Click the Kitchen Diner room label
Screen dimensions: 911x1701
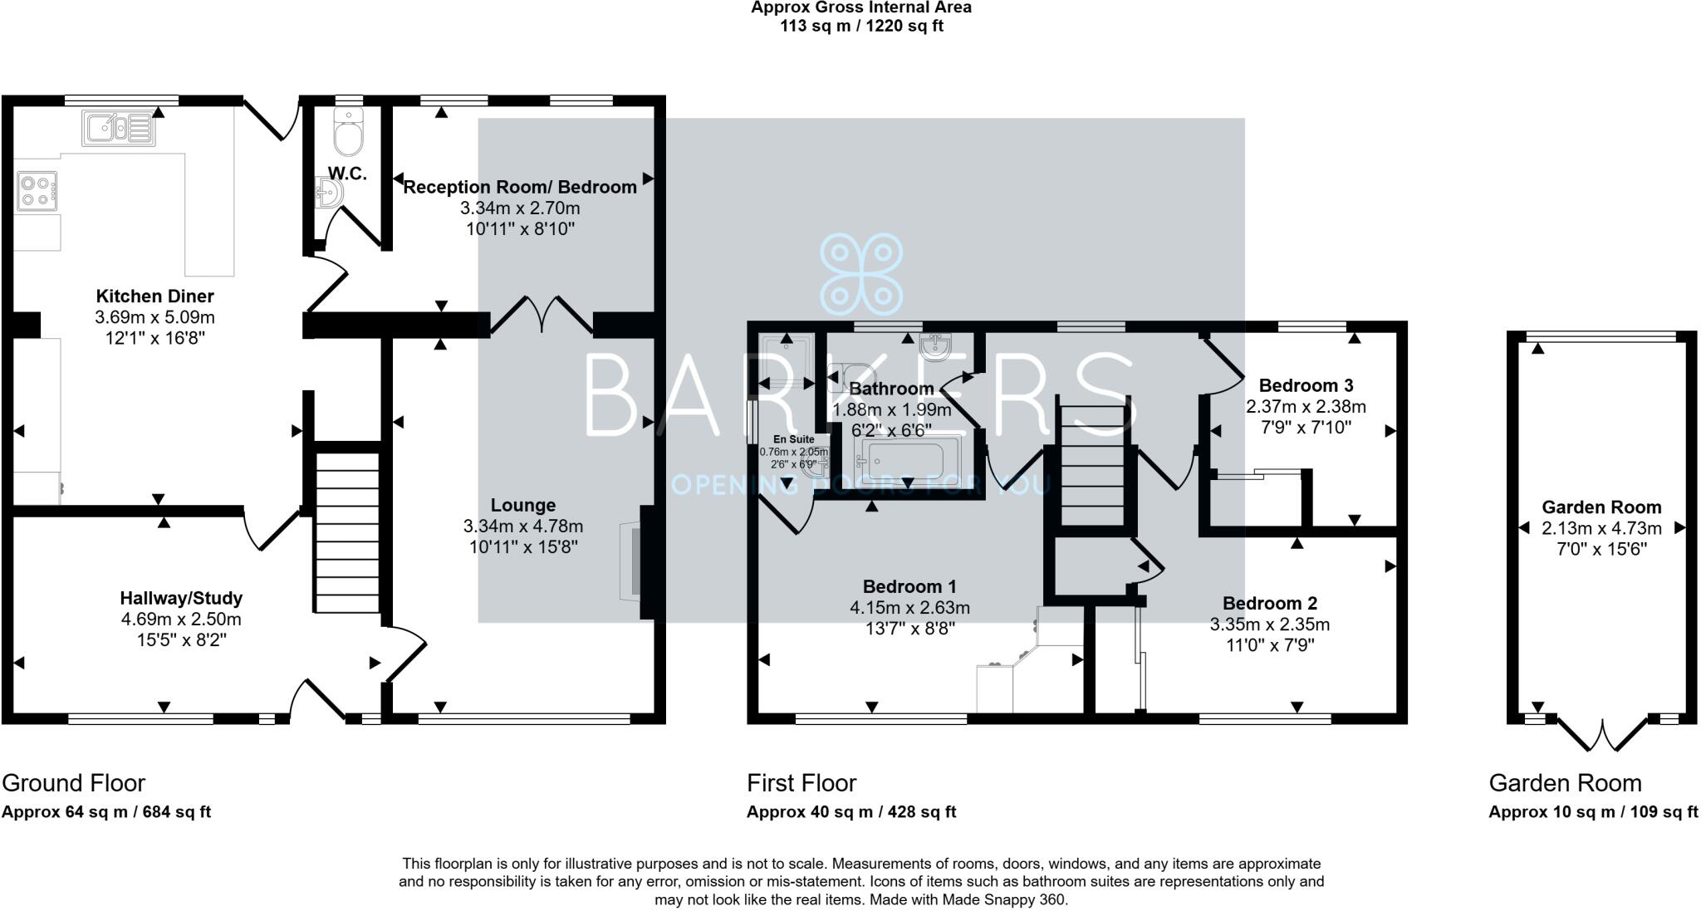[154, 296]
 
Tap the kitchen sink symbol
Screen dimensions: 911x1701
[119, 129]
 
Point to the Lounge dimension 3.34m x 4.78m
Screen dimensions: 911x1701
[523, 527]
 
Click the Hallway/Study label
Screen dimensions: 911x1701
[181, 598]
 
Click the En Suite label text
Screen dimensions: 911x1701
[794, 439]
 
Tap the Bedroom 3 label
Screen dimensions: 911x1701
[1306, 385]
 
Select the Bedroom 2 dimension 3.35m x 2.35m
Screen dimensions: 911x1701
[1269, 624]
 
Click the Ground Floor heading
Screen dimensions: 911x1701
[74, 783]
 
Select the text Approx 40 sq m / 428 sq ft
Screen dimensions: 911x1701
[851, 812]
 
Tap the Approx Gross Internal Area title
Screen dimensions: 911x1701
[861, 8]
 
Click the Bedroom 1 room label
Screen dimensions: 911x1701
[909, 586]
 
